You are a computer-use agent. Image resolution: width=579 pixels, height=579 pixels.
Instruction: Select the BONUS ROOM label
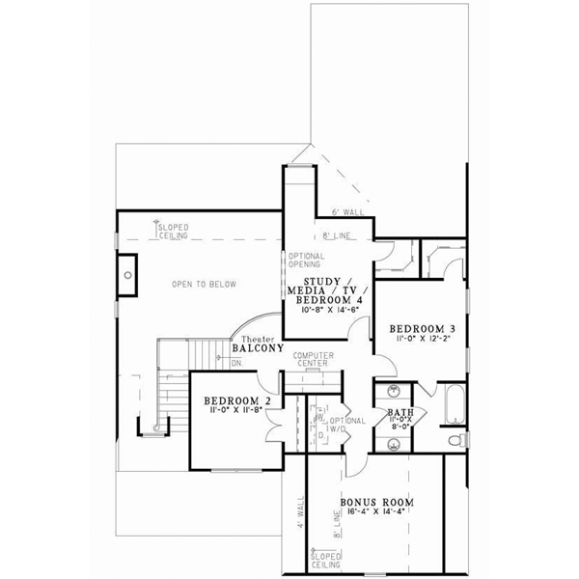(x=376, y=503)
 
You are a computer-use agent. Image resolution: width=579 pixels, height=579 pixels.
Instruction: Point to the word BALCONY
(x=258, y=349)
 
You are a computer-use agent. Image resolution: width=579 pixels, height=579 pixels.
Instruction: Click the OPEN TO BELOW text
(x=204, y=284)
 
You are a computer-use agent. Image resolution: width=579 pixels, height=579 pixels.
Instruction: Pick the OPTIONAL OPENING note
(x=308, y=261)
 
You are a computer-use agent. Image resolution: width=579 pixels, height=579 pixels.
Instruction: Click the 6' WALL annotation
(x=345, y=210)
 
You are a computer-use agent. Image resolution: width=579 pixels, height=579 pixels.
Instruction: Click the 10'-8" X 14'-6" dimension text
(x=325, y=311)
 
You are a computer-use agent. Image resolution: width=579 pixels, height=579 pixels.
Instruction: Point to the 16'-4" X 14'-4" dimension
(x=376, y=516)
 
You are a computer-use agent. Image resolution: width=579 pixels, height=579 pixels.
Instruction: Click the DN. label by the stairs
(x=236, y=363)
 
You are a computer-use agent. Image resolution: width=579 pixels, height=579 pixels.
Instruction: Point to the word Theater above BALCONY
(x=257, y=338)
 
